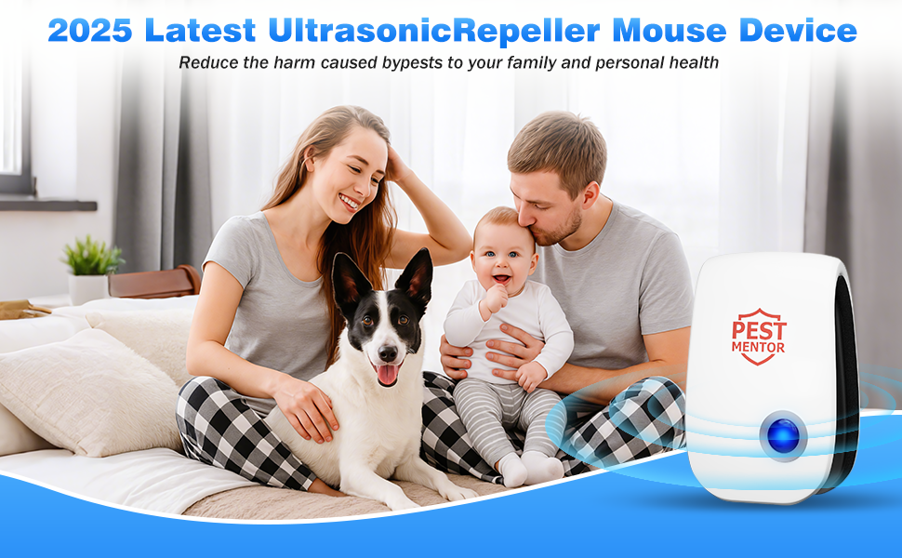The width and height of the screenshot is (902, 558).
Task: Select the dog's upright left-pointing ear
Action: pyautogui.click(x=349, y=283)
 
